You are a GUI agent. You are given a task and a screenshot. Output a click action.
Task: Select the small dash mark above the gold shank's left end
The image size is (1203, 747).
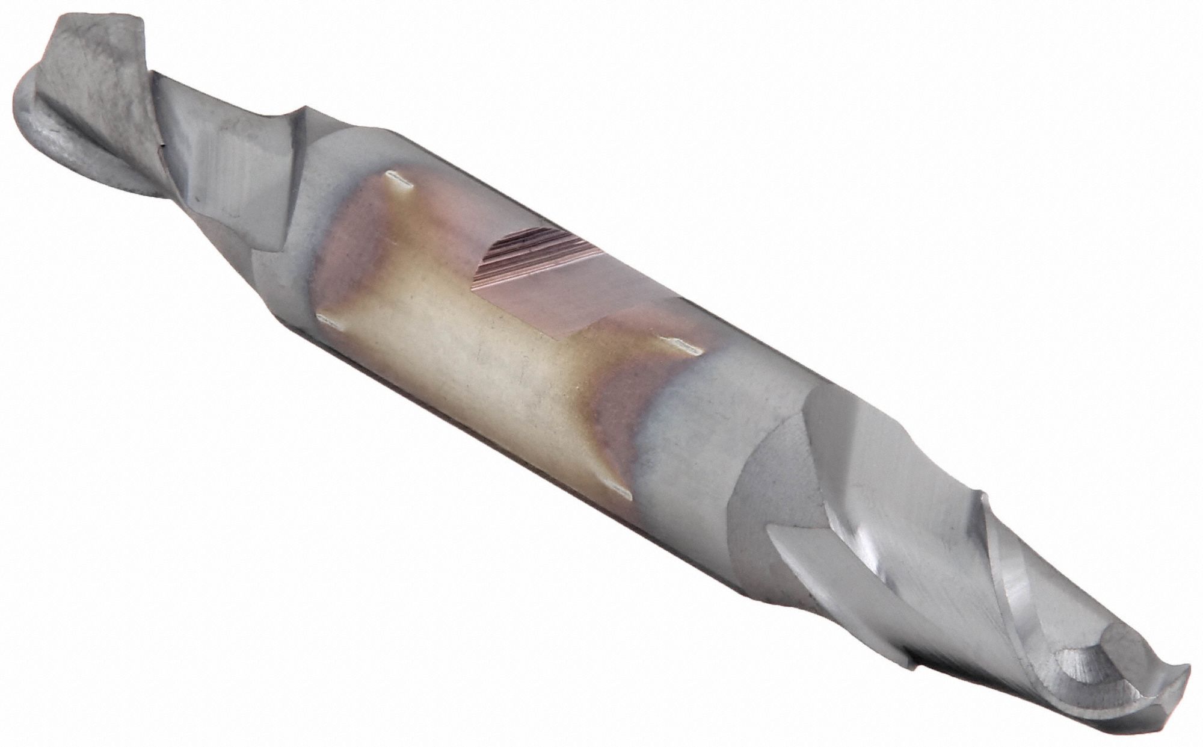click(x=397, y=178)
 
